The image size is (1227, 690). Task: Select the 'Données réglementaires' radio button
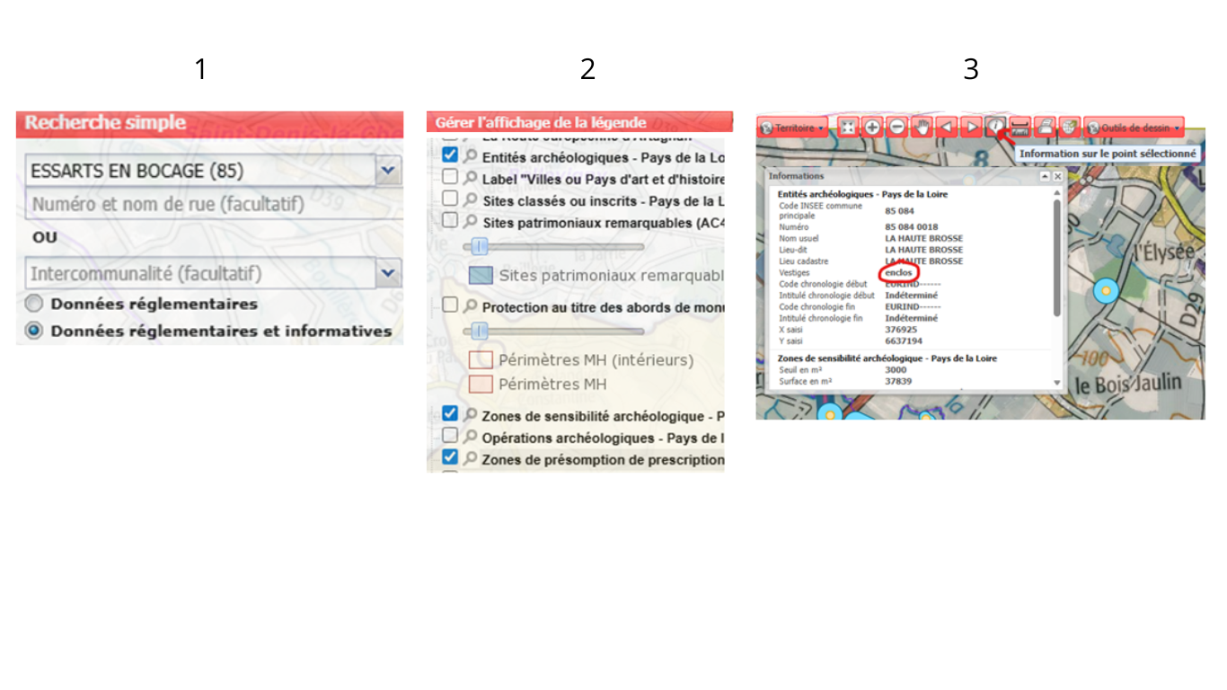34,304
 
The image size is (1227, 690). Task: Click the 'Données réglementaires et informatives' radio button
34,331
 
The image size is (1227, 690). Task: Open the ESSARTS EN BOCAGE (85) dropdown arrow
387,170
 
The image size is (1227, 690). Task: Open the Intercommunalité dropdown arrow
387,272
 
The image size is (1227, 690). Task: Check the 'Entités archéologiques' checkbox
450,155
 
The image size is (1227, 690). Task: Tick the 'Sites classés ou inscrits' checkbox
450,199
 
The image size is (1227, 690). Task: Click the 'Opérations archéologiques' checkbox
450,436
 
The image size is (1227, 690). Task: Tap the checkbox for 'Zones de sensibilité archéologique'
450,414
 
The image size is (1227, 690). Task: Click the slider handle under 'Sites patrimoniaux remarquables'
480,246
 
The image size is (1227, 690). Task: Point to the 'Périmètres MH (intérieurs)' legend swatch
481,360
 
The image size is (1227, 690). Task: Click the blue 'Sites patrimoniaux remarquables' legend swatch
481,275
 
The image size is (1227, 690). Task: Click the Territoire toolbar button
792,128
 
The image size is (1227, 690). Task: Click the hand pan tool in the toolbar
922,128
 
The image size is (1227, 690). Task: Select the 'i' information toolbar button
995,128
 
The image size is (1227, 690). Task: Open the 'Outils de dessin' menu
1134,128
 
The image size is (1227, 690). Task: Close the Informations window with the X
1058,177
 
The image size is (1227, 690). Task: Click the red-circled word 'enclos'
899,272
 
